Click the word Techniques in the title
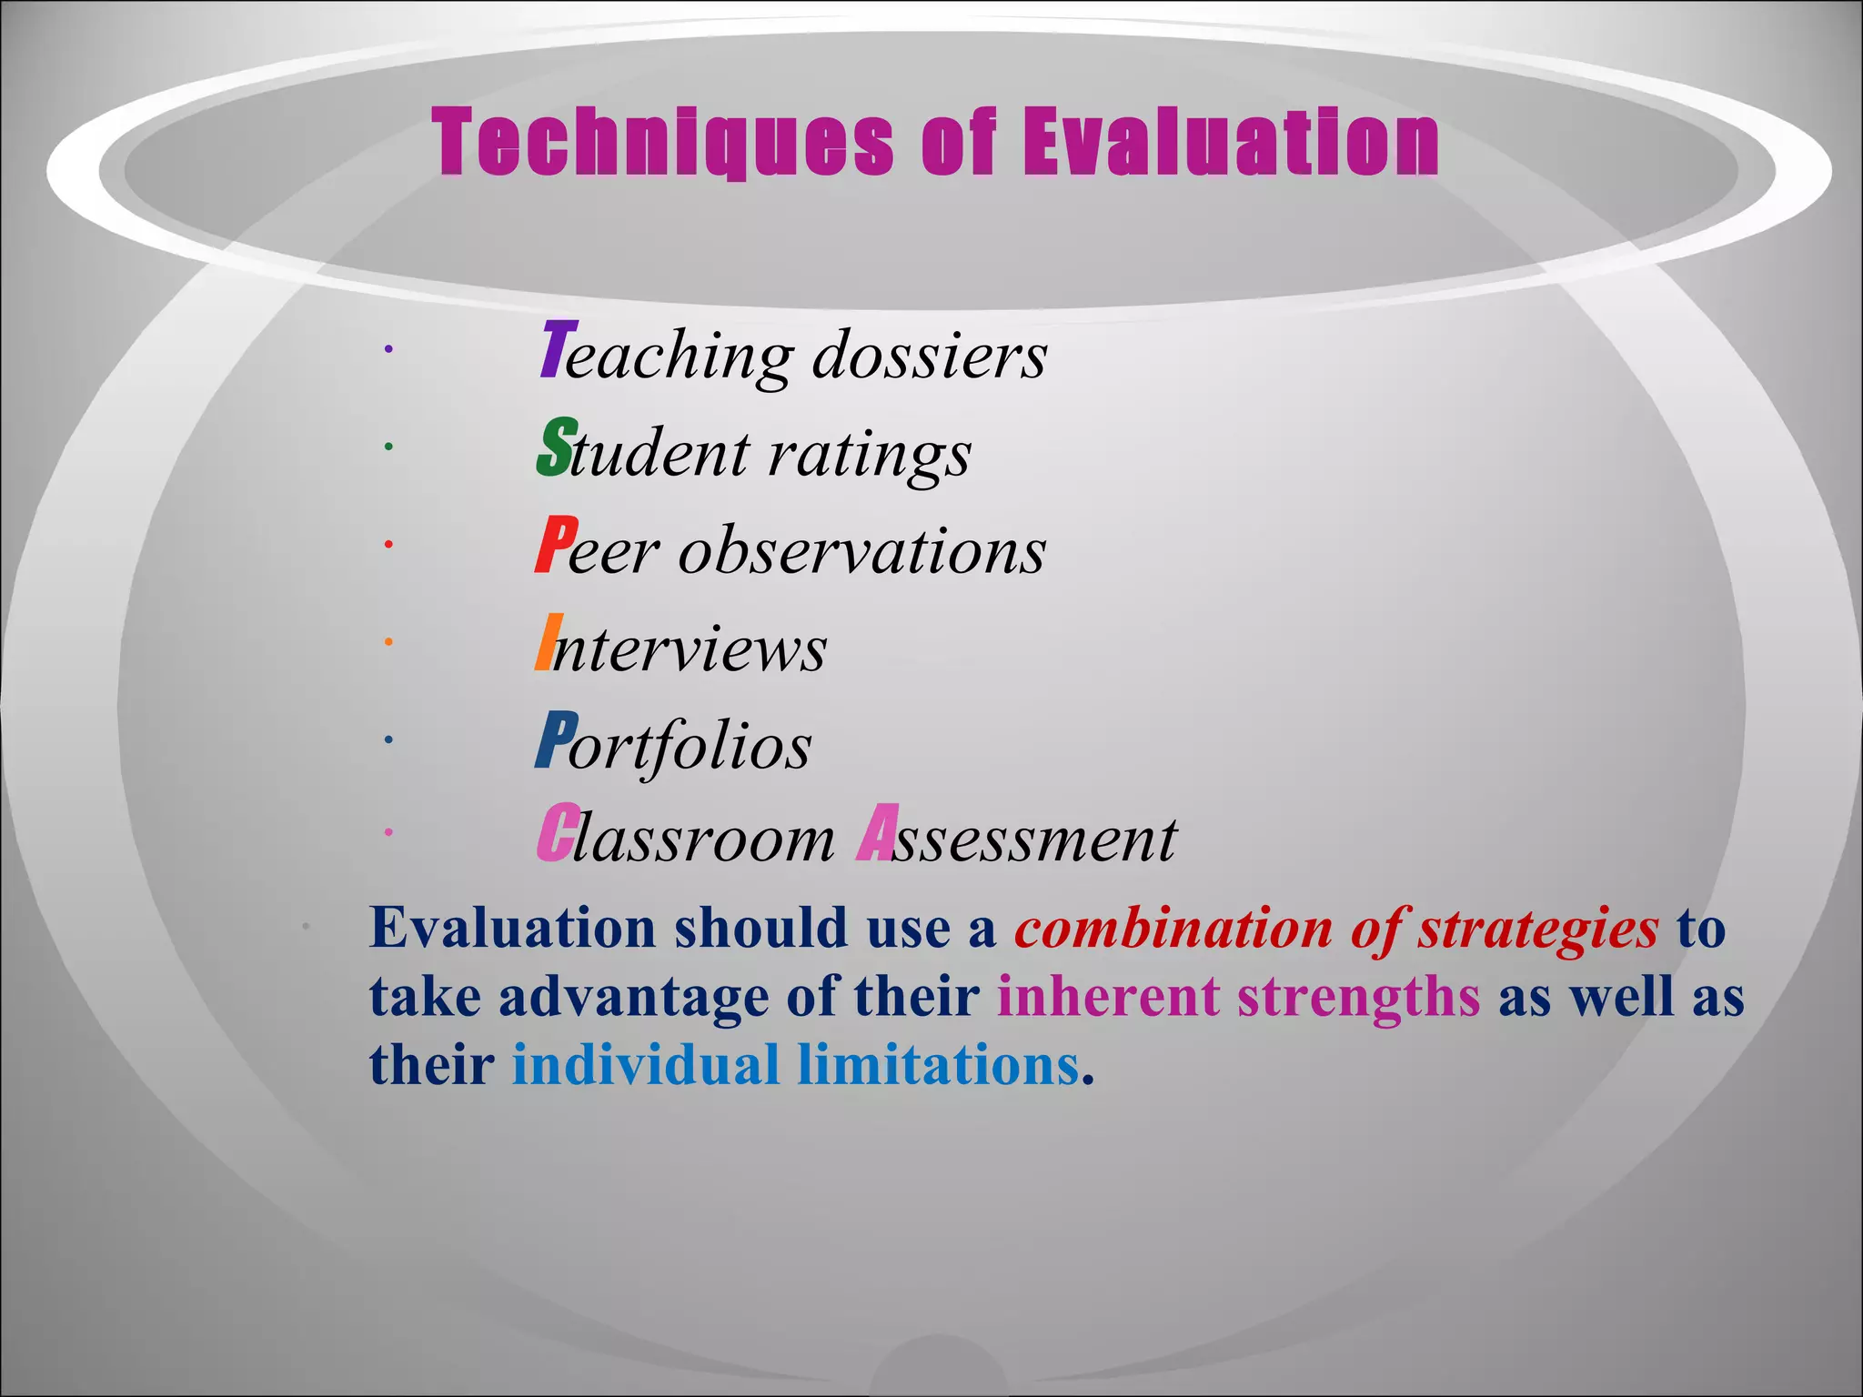663,143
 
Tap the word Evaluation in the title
1231,143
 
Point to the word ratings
870,455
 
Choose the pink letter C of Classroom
554,833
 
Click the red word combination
1173,930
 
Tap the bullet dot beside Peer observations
388,544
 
